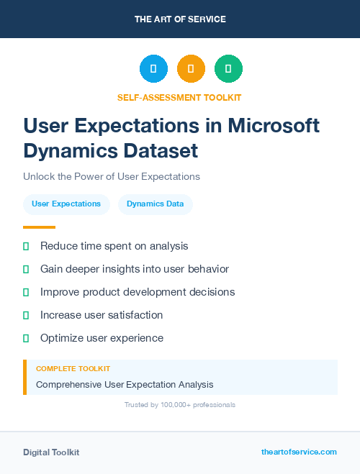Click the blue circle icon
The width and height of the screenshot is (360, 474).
(153, 69)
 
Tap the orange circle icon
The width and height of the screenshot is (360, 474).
(191, 69)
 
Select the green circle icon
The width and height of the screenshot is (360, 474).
(228, 69)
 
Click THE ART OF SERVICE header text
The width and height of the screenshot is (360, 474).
(180, 19)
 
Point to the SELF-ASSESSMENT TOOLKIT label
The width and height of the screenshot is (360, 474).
(180, 97)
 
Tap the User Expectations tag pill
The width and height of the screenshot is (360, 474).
(66, 204)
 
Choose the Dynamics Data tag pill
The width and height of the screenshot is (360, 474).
(155, 204)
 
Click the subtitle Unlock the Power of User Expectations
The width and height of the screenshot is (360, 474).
(111, 176)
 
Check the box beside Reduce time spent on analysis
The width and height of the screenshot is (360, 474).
(26, 246)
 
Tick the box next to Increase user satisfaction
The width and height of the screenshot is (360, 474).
(26, 315)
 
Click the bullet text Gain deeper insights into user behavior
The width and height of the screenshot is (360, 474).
(135, 269)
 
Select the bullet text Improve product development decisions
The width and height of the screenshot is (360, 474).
(138, 292)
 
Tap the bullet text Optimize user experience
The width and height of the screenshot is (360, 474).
(102, 338)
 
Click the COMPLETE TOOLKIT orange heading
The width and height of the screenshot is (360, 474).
(73, 368)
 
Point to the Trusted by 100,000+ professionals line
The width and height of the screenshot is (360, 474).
(180, 405)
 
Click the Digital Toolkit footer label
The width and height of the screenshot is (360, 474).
(51, 452)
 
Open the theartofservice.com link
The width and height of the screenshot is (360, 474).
(299, 452)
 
